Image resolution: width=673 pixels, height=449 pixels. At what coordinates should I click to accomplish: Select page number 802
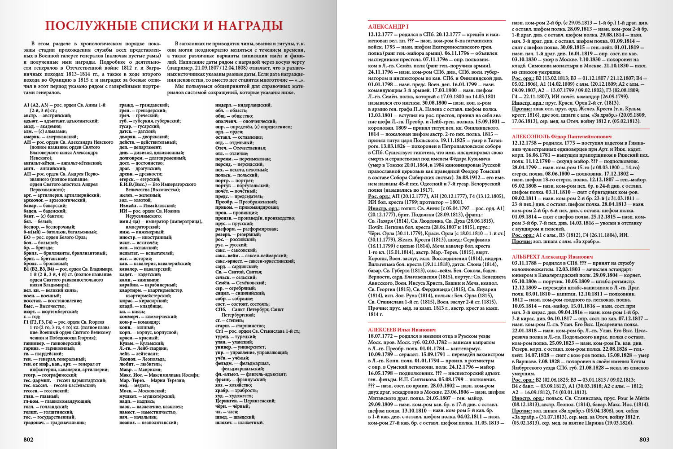point(28,439)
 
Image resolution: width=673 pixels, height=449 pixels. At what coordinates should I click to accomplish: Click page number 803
point(644,439)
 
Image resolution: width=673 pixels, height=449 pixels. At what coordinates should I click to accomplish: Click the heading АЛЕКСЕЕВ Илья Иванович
point(402,330)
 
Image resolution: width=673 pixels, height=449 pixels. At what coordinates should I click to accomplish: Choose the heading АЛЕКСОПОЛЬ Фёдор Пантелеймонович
point(555,136)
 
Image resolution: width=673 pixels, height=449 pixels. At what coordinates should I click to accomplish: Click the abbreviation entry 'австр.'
point(30,115)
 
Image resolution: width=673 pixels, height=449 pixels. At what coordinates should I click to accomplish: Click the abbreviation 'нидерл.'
point(224,105)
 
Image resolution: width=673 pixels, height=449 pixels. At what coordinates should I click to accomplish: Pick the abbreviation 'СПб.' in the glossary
point(220,309)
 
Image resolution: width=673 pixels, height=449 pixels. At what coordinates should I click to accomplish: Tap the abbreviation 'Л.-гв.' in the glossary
point(126,348)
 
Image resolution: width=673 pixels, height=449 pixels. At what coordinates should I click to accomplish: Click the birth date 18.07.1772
point(381,336)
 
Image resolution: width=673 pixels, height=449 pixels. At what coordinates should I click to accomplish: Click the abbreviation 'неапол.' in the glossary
point(128,423)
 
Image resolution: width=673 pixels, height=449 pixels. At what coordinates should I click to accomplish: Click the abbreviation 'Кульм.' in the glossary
point(127,343)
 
